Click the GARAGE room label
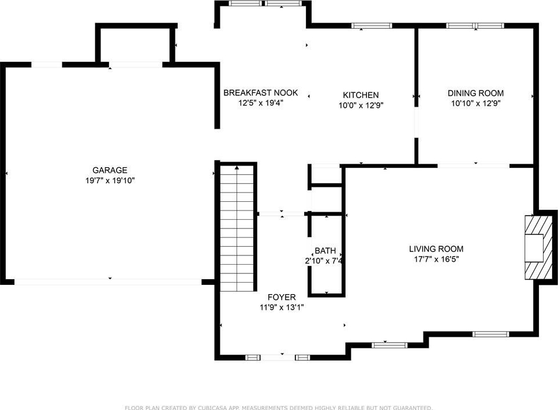tap(110, 170)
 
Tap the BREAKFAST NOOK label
tap(260, 93)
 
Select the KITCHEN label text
tap(361, 95)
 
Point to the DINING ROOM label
tap(475, 93)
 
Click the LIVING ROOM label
tap(436, 249)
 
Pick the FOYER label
tap(282, 298)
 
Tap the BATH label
tap(325, 251)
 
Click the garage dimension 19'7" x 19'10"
tap(110, 180)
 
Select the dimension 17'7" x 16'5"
tap(436, 259)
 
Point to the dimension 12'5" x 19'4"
tap(260, 103)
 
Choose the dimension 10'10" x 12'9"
tap(476, 103)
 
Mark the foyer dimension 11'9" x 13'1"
tap(282, 307)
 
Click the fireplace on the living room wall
tap(538, 247)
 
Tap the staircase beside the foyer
tap(237, 228)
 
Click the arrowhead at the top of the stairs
tap(237, 167)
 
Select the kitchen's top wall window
tap(372, 25)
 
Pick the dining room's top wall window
tap(475, 25)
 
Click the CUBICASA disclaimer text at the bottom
tap(279, 408)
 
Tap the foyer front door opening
tap(278, 358)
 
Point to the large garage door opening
tap(108, 282)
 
